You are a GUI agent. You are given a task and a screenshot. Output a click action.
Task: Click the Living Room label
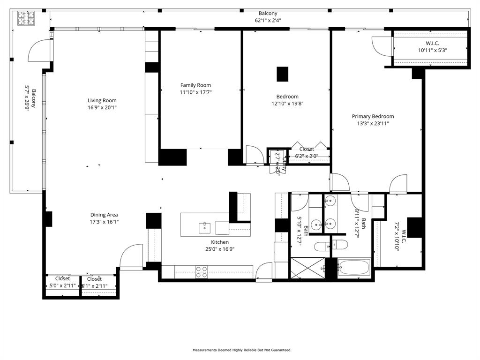pos(102,100)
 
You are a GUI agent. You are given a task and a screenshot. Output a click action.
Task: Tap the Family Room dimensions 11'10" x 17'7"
pos(195,92)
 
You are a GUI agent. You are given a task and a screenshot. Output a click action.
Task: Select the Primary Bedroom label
pos(373,116)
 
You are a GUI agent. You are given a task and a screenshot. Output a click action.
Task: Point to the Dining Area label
pos(104,215)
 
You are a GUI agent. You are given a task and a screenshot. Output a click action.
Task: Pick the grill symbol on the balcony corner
pos(24,18)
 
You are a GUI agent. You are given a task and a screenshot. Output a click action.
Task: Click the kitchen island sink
pos(204,228)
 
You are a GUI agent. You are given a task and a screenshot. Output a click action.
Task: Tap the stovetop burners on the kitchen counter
pos(202,272)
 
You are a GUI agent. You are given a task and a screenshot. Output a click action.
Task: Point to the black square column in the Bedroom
pos(282,74)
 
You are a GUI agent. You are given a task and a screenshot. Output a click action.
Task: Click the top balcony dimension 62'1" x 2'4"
pos(268,20)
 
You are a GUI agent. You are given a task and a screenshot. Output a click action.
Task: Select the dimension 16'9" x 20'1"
pos(102,107)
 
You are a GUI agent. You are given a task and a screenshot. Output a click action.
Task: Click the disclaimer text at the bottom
pos(242,350)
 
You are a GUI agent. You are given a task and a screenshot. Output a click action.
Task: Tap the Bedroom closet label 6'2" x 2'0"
pos(307,156)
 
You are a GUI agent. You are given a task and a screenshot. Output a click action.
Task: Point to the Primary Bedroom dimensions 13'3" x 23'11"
pos(373,123)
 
